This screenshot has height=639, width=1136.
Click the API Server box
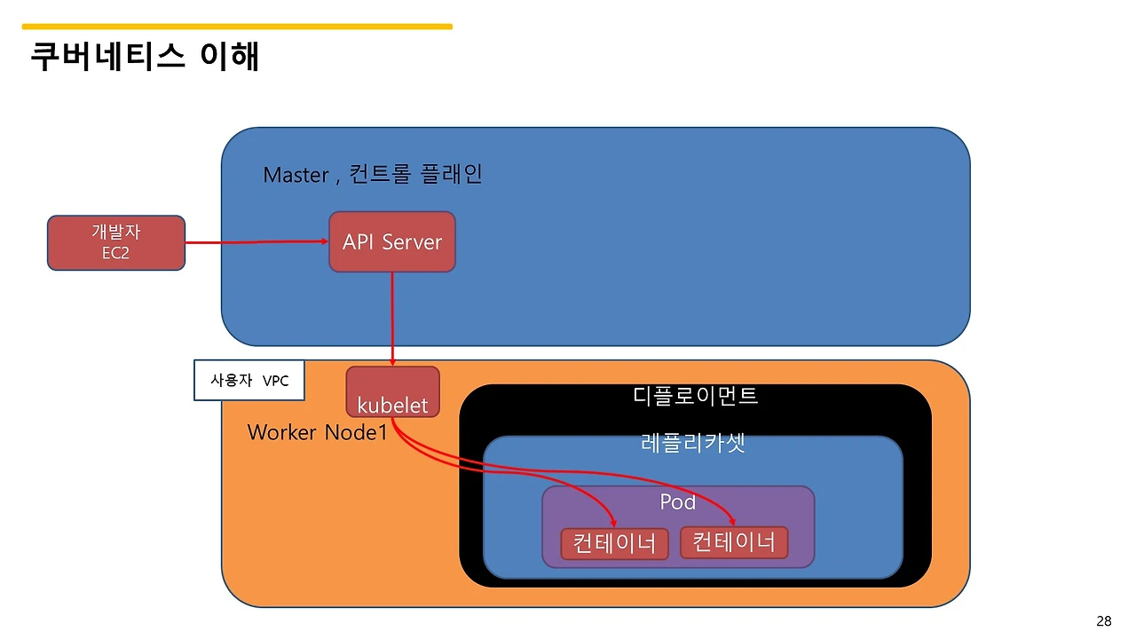pyautogui.click(x=391, y=241)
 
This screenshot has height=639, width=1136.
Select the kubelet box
pyautogui.click(x=392, y=391)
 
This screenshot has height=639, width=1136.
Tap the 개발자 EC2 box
pyautogui.click(x=115, y=242)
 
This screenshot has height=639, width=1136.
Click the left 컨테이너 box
pyautogui.click(x=614, y=543)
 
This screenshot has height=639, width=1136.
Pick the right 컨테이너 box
pyautogui.click(x=734, y=541)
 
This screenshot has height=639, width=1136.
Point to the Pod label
pyautogui.click(x=677, y=502)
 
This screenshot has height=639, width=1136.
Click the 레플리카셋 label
pyautogui.click(x=692, y=443)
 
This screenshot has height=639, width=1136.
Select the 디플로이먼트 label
pyautogui.click(x=695, y=396)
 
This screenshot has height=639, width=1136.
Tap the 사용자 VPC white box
pyautogui.click(x=248, y=381)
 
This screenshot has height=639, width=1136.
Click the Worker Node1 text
pyautogui.click(x=317, y=432)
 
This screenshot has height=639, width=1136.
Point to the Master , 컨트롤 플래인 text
pyautogui.click(x=372, y=174)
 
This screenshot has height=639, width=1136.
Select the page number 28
pyautogui.click(x=1103, y=621)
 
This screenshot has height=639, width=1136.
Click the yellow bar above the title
pyautogui.click(x=237, y=27)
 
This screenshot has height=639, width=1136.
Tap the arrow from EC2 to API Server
pyautogui.click(x=257, y=241)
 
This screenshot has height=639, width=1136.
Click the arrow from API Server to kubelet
pyautogui.click(x=392, y=319)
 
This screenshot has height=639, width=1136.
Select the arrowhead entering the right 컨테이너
pyautogui.click(x=734, y=522)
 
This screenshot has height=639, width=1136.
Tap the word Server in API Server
pyautogui.click(x=412, y=242)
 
